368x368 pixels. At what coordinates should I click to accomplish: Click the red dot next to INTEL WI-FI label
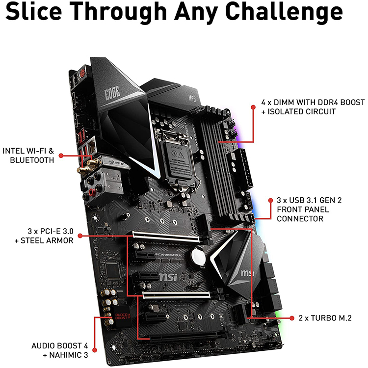(x=61, y=156)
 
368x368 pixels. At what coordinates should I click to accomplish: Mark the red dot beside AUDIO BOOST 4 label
(x=94, y=350)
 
